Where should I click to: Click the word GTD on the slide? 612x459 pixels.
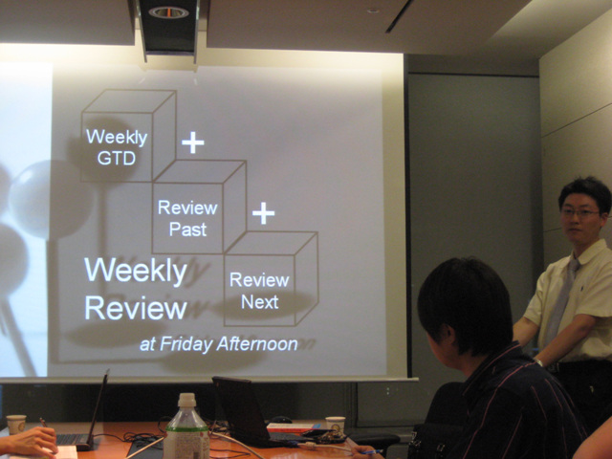point(117,159)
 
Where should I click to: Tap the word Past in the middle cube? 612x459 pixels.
point(187,229)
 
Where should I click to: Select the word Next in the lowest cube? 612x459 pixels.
point(260,302)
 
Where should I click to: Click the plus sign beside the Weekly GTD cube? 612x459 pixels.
point(193,142)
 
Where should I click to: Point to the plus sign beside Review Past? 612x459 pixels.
point(264,213)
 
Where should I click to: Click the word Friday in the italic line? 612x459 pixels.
point(186,344)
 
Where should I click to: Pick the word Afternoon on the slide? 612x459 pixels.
point(257,344)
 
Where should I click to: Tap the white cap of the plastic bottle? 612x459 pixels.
point(187,400)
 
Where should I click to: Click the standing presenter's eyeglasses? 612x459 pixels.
point(580,212)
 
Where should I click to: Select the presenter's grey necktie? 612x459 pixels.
point(562,296)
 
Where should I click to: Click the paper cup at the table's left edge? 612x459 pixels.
point(16,425)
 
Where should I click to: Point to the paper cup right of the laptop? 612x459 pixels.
point(336,425)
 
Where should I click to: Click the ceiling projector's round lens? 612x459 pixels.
point(168,12)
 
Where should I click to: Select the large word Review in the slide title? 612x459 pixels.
point(136,308)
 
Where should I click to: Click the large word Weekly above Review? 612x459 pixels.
point(136,271)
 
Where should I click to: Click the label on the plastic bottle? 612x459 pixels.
point(186,444)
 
